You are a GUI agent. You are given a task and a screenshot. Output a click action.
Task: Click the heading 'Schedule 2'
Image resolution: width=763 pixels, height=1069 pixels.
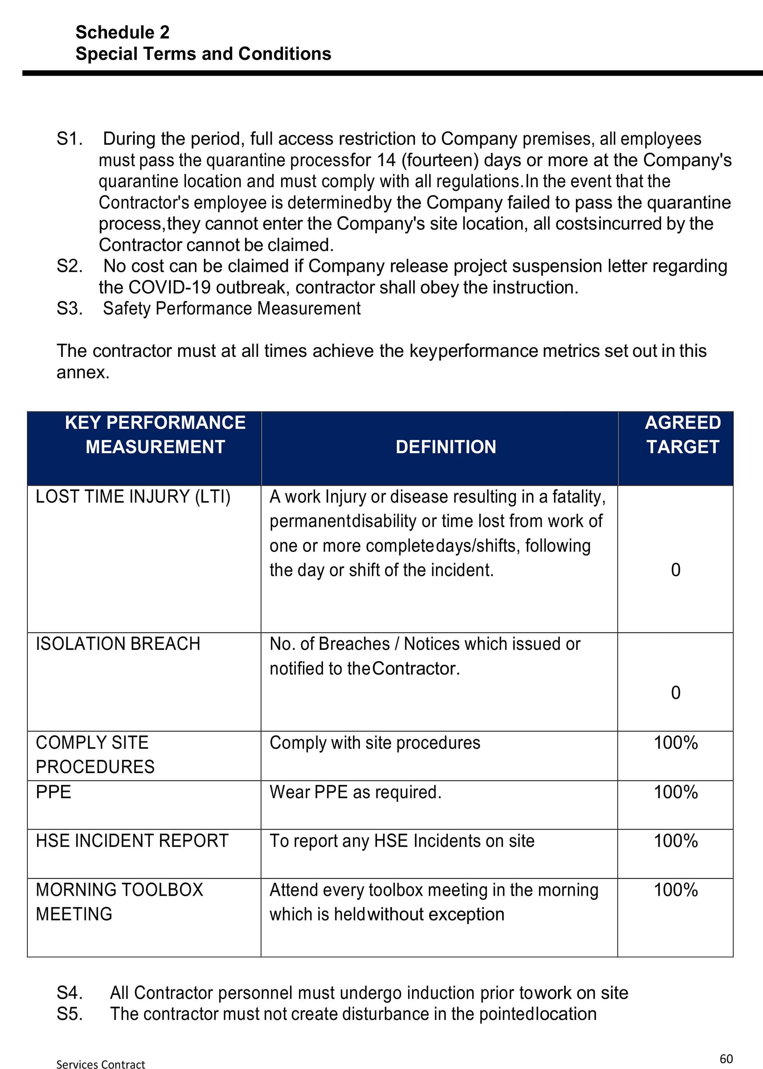pos(122,32)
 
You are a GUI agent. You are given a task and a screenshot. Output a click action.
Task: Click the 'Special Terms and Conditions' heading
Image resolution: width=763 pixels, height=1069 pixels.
pos(203,53)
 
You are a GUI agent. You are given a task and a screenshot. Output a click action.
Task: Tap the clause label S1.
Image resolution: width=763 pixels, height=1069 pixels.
pos(69,139)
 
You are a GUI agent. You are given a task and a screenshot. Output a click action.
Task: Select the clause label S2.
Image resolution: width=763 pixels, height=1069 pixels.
pos(69,266)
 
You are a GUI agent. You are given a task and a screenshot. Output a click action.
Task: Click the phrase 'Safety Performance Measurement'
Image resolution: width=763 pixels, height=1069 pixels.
pos(232,308)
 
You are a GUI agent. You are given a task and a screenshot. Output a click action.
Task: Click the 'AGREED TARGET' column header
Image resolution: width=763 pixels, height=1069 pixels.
pos(682,434)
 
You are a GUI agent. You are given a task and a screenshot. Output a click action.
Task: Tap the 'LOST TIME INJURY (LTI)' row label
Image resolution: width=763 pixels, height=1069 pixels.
pos(133,497)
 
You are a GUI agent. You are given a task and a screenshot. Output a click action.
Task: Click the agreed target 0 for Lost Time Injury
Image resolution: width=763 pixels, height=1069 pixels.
pos(676,570)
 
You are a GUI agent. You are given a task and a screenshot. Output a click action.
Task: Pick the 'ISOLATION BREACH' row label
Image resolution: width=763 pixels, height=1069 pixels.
pos(118,644)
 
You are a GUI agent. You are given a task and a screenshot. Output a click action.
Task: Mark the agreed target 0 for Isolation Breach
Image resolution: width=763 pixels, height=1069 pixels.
pos(676,693)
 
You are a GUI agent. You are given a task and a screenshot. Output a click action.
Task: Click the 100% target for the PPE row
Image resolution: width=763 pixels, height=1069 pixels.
pos(676,792)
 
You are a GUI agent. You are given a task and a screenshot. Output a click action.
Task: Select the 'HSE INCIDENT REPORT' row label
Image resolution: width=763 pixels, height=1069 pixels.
pos(132,841)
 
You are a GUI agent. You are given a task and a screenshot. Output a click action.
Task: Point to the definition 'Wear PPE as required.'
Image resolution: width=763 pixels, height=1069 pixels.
pos(355,792)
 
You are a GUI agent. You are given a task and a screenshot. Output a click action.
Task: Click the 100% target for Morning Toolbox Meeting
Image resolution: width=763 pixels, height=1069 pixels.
pos(676,890)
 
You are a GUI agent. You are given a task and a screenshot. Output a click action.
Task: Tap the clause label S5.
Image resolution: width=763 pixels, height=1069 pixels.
pos(69,1014)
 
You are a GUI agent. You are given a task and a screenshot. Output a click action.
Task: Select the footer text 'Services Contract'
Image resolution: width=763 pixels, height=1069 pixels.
pos(101,1061)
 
